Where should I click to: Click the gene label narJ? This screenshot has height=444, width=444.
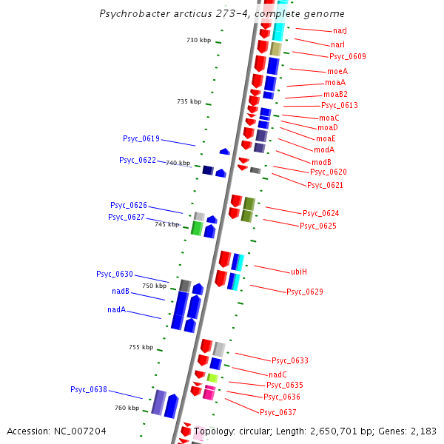click(340, 31)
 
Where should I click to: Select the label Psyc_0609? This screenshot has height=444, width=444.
click(348, 56)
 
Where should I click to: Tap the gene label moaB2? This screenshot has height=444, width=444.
click(335, 94)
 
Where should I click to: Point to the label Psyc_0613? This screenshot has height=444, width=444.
click(340, 106)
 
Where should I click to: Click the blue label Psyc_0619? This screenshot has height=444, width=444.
click(141, 138)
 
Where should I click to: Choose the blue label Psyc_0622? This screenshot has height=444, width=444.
click(138, 160)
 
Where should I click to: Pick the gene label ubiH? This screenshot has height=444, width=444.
click(299, 272)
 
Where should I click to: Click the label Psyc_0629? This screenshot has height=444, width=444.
click(305, 292)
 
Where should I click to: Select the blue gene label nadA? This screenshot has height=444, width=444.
click(117, 310)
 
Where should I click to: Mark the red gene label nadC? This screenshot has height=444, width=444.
click(277, 374)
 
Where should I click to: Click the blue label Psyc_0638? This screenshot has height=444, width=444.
click(89, 389)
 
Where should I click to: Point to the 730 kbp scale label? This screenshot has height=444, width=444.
click(198, 40)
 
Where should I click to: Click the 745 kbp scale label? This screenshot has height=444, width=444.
click(166, 224)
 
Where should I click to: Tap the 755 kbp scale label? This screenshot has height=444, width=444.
click(141, 347)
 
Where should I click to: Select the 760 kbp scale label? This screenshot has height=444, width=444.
click(127, 408)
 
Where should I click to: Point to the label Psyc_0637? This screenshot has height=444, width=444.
click(278, 412)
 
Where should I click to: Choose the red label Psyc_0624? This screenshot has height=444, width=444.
click(321, 213)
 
